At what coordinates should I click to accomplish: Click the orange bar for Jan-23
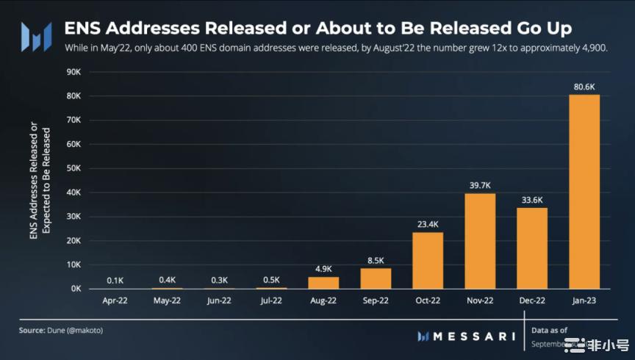[584, 192]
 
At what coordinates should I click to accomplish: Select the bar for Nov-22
[481, 241]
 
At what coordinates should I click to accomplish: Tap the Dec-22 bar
[532, 248]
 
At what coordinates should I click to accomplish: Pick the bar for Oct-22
[428, 261]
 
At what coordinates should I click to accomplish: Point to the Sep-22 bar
[376, 278]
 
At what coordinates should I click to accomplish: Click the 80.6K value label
[584, 87]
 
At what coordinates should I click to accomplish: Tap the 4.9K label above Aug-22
[323, 268]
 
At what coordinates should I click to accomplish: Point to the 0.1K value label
[115, 280]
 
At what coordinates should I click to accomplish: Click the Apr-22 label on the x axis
[115, 300]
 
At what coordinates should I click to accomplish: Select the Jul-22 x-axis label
[271, 300]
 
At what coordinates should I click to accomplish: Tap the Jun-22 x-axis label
[219, 300]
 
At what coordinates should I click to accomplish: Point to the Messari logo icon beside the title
[35, 35]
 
